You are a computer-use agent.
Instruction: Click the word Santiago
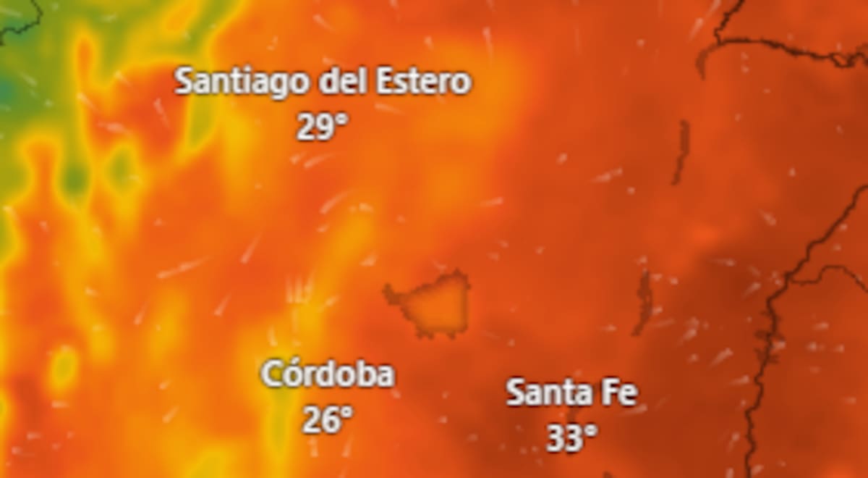pyautogui.click(x=242, y=82)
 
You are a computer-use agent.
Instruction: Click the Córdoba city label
pyautogui.click(x=328, y=375)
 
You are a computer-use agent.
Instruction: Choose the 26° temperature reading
pyautogui.click(x=327, y=419)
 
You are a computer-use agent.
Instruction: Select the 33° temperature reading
pyautogui.click(x=571, y=437)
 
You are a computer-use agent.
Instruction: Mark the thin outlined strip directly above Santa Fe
pyautogui.click(x=642, y=301)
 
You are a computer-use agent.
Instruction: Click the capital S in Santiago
pyautogui.click(x=184, y=82)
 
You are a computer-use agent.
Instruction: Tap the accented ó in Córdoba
pyautogui.click(x=291, y=374)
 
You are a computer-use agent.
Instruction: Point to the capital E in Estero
pyautogui.click(x=385, y=81)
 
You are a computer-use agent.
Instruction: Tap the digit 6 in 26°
pyautogui.click(x=329, y=419)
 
